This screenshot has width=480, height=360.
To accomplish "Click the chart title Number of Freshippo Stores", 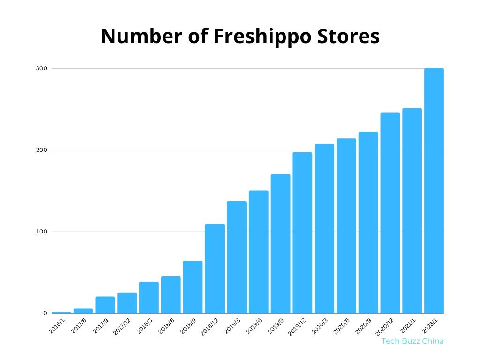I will (240, 37).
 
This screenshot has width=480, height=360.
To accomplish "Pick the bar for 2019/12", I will (302, 232).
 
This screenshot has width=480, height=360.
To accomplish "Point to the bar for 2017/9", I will (105, 305).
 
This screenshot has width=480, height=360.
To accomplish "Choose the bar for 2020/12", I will (390, 213).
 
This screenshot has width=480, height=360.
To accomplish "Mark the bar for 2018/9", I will (193, 287).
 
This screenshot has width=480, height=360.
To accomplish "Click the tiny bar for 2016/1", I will (61, 312).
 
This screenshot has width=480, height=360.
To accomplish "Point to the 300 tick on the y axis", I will (42, 68).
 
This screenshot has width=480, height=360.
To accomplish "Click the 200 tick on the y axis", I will (42, 150).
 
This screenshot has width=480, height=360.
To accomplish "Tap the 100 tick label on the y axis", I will (42, 232).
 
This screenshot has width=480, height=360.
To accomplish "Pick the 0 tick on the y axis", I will (45, 313).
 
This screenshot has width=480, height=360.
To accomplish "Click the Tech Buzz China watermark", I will (412, 341).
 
